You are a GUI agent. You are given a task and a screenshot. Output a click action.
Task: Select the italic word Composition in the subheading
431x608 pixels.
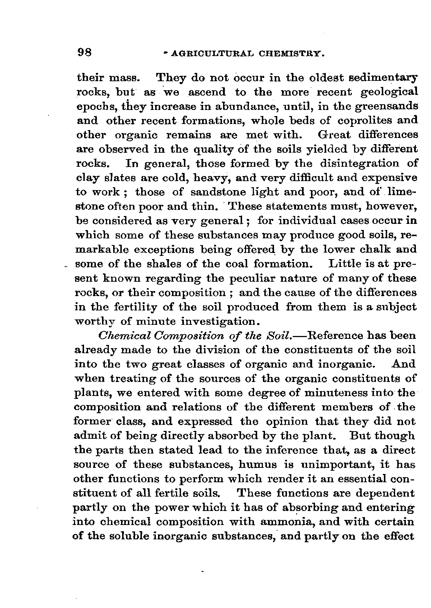[x=184, y=336]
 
